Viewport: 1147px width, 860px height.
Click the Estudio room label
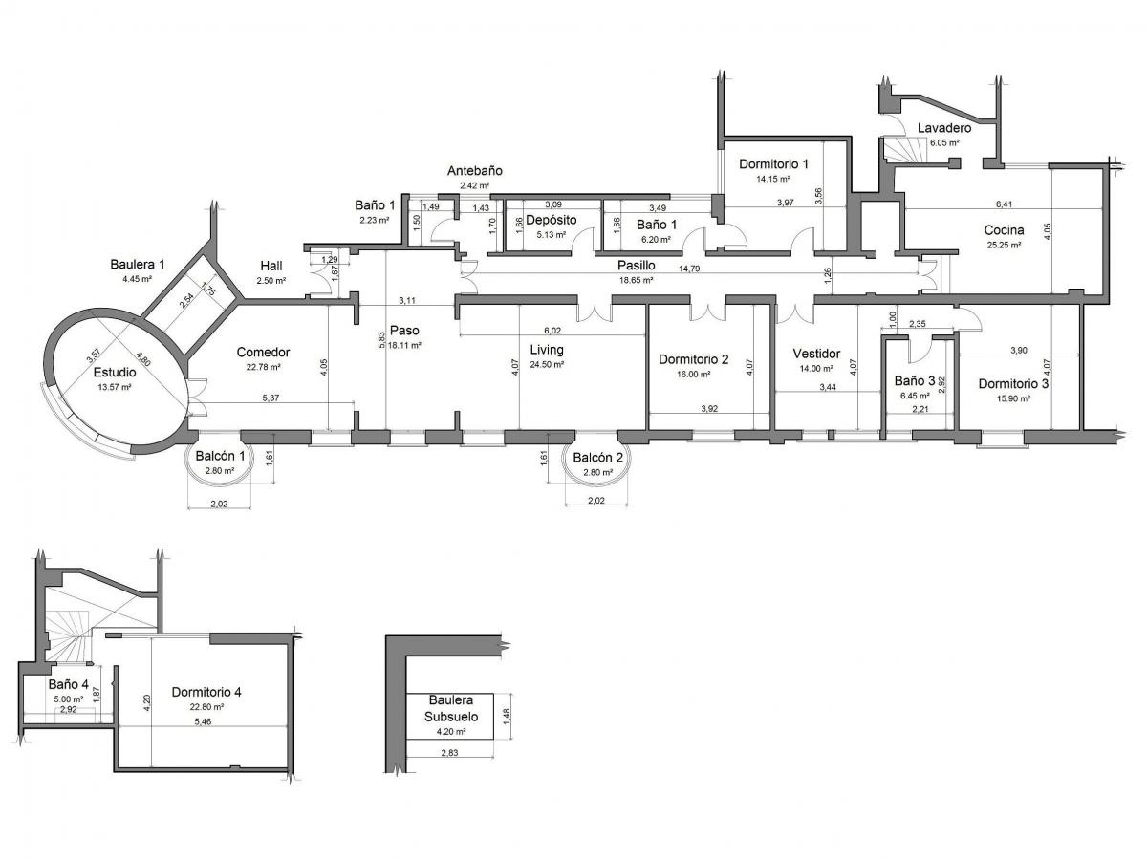coord(115,373)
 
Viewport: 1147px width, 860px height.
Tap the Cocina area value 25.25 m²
coord(1004,245)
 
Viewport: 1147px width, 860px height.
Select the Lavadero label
coord(944,128)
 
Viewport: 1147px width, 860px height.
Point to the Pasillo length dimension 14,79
coord(689,269)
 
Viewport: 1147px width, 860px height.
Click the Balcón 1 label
coord(220,456)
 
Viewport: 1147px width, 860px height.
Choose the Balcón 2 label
coord(597,458)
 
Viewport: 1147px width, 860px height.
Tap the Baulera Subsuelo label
coord(451,708)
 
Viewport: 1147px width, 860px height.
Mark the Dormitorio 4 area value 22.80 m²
coord(206,707)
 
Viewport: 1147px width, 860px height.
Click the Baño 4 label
coord(69,684)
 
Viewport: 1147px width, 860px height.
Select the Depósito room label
coord(551,220)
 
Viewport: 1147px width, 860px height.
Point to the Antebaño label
coord(474,171)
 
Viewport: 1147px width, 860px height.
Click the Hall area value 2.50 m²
coord(271,281)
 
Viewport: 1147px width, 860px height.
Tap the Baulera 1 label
coord(138,265)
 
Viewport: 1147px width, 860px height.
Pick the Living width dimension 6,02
coord(552,331)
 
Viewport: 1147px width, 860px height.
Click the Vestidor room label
coord(816,354)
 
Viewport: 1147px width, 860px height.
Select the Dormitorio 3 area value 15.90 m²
coord(1012,398)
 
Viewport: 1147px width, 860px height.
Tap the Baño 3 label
coord(915,380)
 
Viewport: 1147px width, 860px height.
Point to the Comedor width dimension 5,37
coord(271,398)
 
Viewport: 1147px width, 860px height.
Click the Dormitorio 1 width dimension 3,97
coord(786,203)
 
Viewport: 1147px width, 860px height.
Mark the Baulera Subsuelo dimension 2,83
coord(449,752)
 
